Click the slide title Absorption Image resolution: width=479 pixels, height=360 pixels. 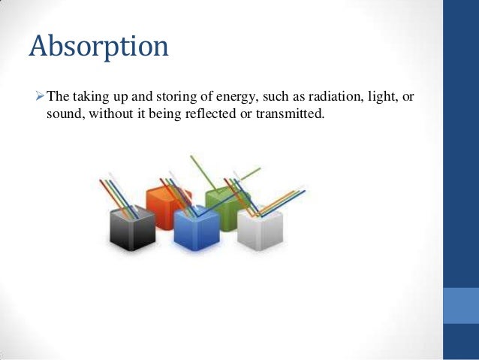coord(98,47)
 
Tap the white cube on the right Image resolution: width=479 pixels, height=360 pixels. coord(260,226)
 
